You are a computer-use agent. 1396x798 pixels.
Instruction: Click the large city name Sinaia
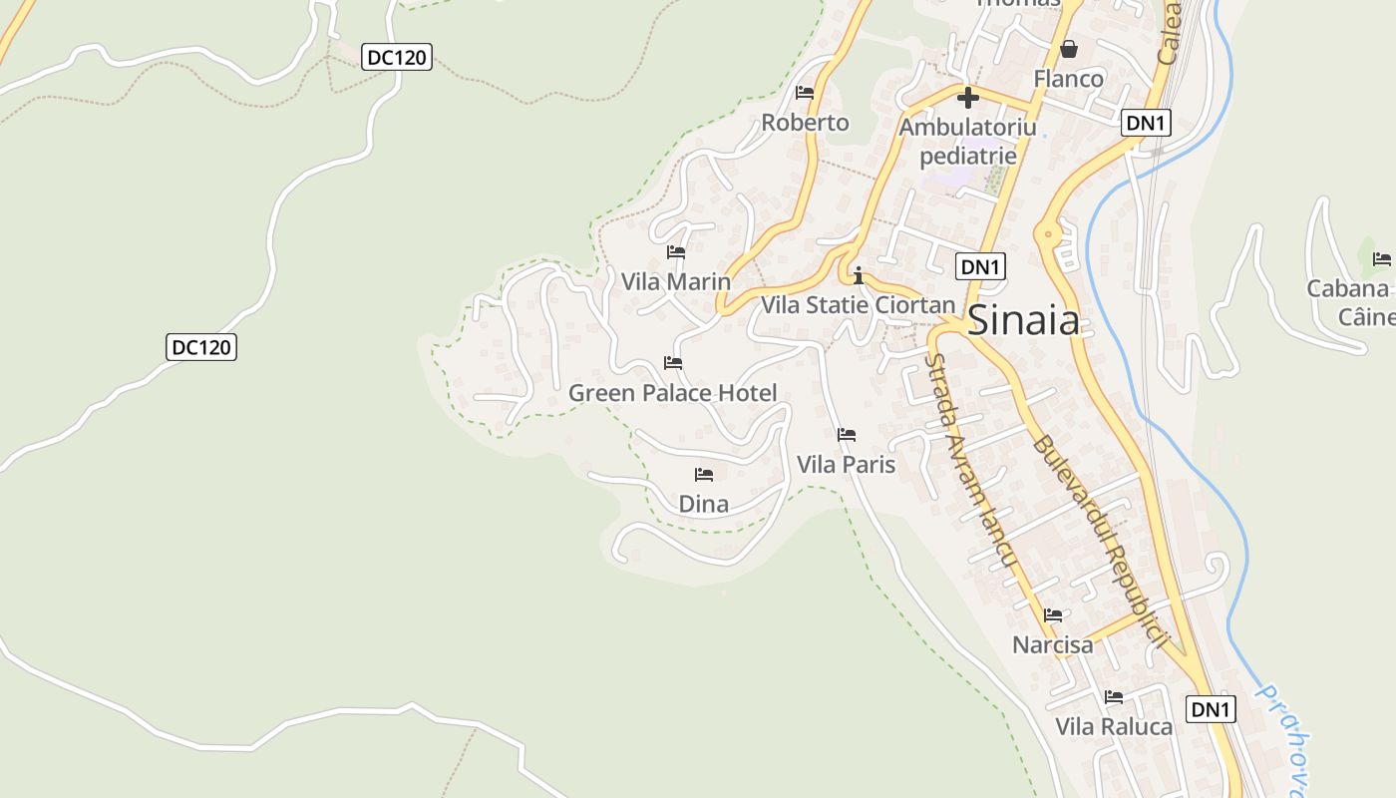(1024, 320)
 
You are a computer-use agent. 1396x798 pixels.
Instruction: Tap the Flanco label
(1069, 79)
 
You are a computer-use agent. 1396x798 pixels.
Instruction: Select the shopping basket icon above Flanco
(1069, 49)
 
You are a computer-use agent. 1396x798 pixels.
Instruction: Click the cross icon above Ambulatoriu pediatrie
(967, 99)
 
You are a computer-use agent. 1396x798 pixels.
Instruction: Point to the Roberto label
(805, 123)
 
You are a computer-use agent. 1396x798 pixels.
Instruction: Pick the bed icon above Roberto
(805, 93)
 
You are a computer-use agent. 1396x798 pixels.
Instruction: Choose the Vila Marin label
(676, 282)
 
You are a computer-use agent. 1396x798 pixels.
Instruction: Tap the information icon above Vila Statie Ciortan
(858, 275)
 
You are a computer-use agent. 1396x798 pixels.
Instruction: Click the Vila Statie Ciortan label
(858, 305)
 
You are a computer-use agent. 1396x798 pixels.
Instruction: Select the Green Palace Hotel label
(672, 393)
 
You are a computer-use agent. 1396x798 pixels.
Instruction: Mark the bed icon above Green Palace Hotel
(673, 363)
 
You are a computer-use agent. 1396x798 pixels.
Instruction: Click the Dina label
(704, 505)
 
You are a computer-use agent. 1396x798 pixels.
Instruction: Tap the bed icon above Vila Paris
(847, 435)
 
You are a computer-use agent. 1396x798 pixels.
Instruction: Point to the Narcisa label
(1053, 645)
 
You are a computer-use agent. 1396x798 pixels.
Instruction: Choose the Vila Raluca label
(1114, 726)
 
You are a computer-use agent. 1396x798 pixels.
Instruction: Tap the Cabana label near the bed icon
(1348, 289)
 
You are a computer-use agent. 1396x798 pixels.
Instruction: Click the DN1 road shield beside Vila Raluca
(1212, 710)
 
